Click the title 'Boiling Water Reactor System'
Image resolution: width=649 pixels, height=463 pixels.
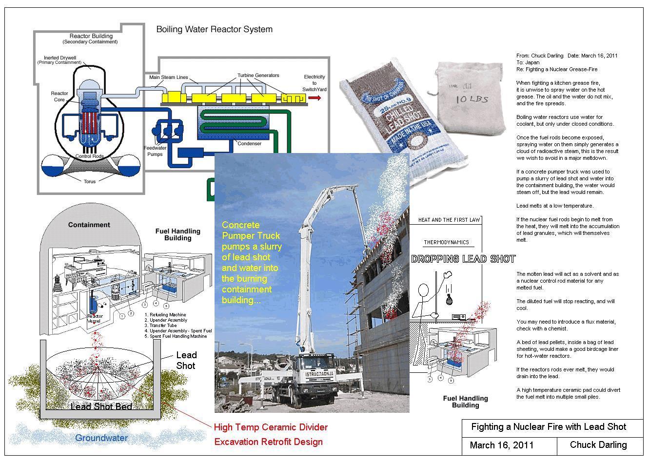click(x=214, y=29)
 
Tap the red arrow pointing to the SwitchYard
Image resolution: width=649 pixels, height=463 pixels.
click(x=315, y=98)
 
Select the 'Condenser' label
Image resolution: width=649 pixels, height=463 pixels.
click(x=249, y=144)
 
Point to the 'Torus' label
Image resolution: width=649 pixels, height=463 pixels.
click(x=90, y=181)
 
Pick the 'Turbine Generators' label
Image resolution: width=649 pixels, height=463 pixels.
click(x=258, y=76)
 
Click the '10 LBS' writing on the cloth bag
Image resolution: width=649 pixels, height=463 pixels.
click(x=472, y=99)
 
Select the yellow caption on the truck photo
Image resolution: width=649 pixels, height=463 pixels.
click(x=252, y=262)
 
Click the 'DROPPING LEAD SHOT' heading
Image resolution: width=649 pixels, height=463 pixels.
click(x=463, y=259)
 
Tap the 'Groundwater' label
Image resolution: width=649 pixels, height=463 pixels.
click(x=101, y=438)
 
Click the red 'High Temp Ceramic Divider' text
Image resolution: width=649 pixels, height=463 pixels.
click(x=271, y=427)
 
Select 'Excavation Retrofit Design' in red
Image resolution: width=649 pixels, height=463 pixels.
click(x=268, y=442)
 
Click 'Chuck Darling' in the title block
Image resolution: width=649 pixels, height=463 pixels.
click(x=598, y=445)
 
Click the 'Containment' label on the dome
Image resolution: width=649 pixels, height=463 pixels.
click(x=89, y=225)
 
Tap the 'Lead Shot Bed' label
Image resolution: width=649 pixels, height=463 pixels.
click(x=101, y=406)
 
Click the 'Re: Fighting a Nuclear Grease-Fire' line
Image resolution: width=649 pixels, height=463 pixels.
click(x=557, y=69)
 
